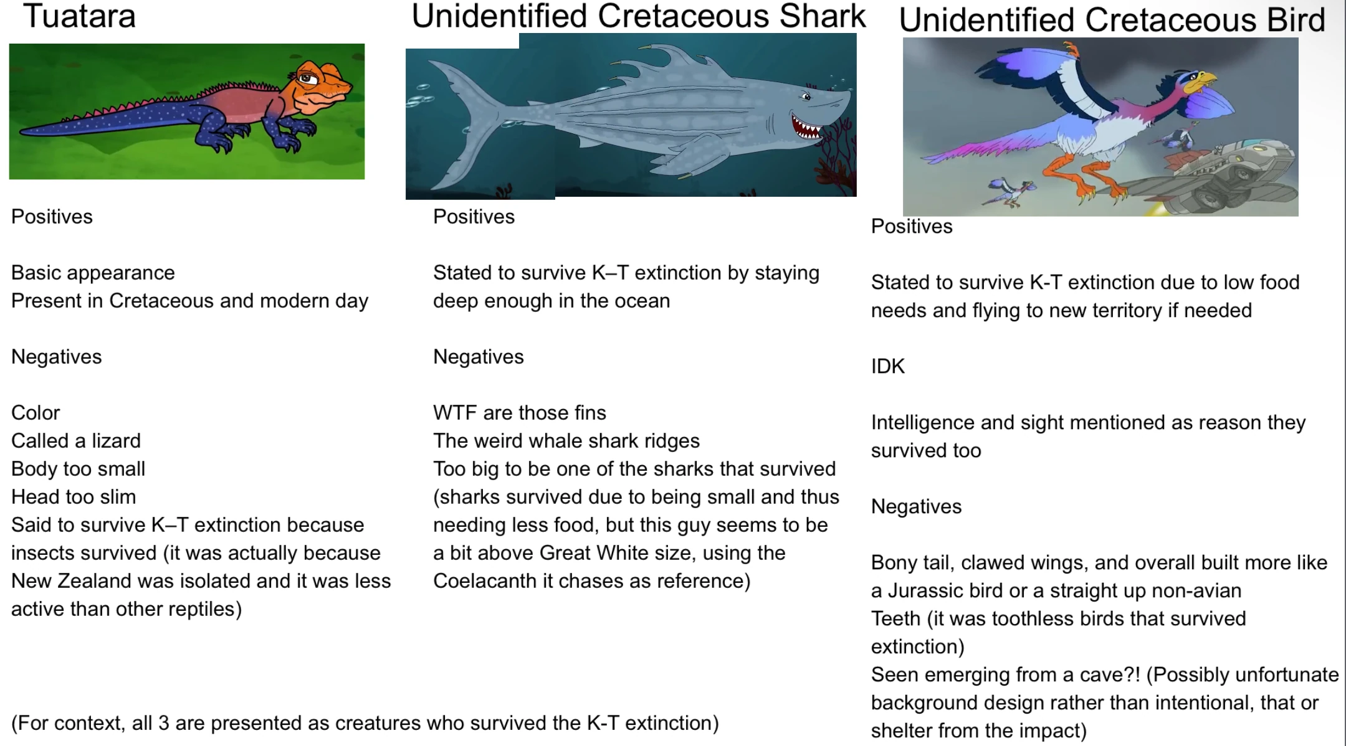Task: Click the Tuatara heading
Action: pyautogui.click(x=79, y=16)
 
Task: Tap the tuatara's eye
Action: pyautogui.click(x=307, y=78)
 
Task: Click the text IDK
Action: pyautogui.click(x=888, y=366)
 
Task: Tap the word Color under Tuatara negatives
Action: pyautogui.click(x=36, y=412)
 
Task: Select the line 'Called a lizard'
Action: pyautogui.click(x=76, y=440)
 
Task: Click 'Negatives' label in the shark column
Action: pyautogui.click(x=479, y=357)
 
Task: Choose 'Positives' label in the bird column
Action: pyautogui.click(x=912, y=226)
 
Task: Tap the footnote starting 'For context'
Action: pyautogui.click(x=365, y=723)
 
